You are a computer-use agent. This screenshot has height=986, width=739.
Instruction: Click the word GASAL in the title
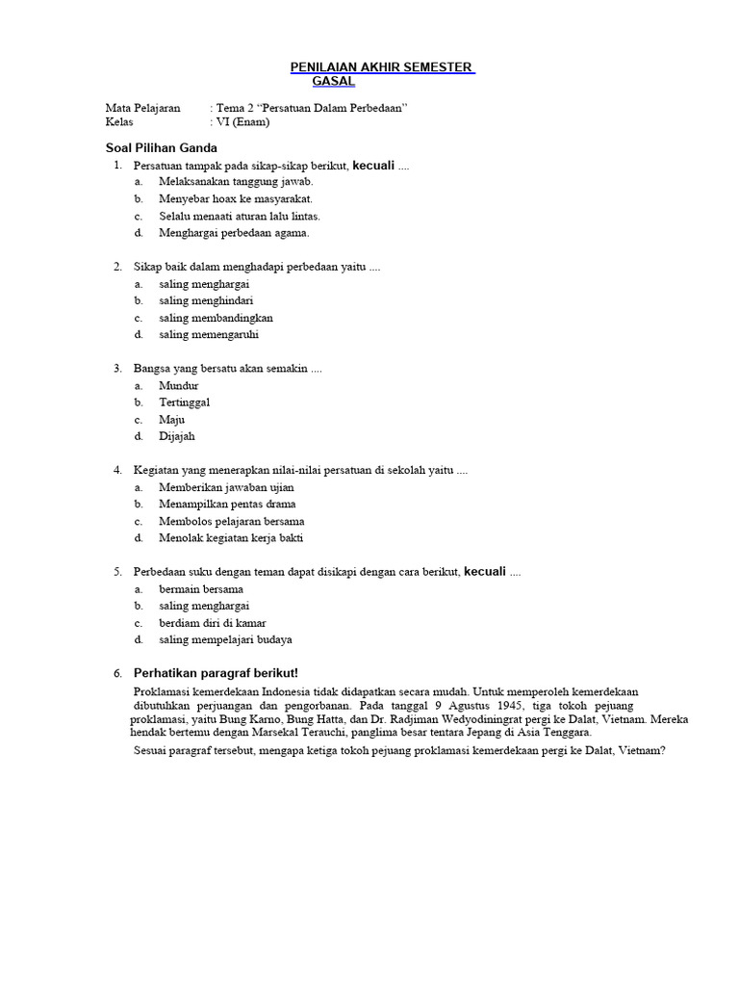[x=333, y=81]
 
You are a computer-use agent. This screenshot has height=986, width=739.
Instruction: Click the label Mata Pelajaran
[x=142, y=108]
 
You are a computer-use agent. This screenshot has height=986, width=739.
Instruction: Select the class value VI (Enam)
[x=243, y=122]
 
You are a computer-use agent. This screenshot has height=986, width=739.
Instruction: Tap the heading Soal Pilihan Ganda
[x=161, y=148]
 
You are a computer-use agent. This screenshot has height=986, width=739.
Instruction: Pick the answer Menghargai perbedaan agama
[x=234, y=232]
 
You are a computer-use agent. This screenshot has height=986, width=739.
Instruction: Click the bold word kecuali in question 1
[x=374, y=165]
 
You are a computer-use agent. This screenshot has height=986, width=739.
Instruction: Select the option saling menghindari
[x=206, y=300]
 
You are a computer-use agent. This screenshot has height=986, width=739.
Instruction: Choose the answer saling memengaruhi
[x=209, y=334]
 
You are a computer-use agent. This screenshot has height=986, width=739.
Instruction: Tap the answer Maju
[x=172, y=420]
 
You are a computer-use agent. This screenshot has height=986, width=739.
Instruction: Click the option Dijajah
[x=177, y=436]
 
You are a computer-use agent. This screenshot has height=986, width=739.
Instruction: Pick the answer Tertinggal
[x=185, y=402]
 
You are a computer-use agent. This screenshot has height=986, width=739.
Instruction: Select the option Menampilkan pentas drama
[x=227, y=504]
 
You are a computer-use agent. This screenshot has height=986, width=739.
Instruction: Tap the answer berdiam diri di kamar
[x=213, y=623]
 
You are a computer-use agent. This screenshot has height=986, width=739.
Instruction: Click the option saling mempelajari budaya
[x=225, y=639]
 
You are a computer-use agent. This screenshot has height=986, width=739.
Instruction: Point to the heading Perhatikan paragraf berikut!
[x=216, y=673]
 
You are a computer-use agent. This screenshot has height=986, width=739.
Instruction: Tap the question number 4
[x=117, y=470]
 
